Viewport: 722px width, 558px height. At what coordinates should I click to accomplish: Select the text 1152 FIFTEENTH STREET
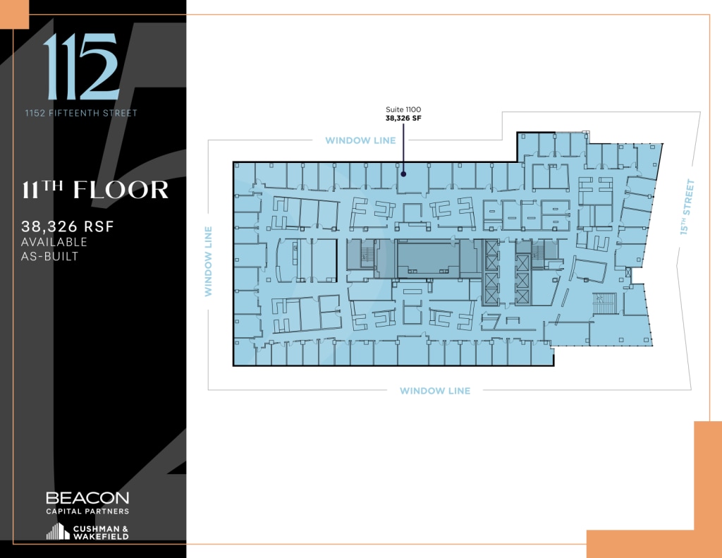coord(81,113)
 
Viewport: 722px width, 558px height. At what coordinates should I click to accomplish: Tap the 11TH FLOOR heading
coord(96,190)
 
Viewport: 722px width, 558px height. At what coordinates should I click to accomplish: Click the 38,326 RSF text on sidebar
coord(68,227)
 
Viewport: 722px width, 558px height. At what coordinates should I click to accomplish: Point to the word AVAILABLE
coord(55,242)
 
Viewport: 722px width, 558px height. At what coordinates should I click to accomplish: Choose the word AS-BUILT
coord(50,256)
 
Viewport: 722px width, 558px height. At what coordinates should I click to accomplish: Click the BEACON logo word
coord(87,498)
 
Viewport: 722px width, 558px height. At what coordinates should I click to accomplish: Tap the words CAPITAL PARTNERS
coord(87,511)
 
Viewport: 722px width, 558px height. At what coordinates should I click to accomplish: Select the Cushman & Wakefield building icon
coord(58,532)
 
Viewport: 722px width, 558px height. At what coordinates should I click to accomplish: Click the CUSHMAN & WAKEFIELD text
coord(101,533)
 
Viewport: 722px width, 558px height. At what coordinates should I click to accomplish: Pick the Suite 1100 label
coord(403,110)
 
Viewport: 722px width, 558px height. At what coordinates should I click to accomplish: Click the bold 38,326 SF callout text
coord(403,119)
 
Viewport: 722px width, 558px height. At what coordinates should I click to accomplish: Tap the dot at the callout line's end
coord(403,172)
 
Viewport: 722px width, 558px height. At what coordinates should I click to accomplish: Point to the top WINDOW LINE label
coord(360,140)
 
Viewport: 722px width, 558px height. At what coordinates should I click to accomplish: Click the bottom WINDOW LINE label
coord(434,391)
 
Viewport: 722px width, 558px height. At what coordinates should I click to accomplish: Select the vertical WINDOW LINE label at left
coord(209,261)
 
